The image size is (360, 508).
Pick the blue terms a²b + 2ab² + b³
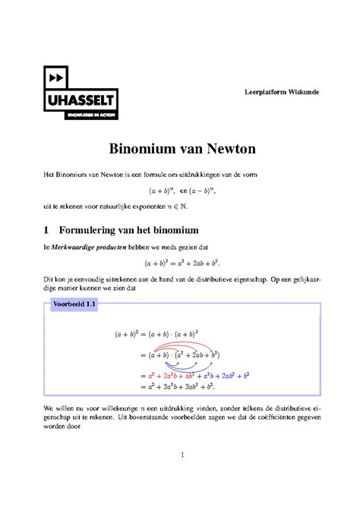(x=226, y=375)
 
